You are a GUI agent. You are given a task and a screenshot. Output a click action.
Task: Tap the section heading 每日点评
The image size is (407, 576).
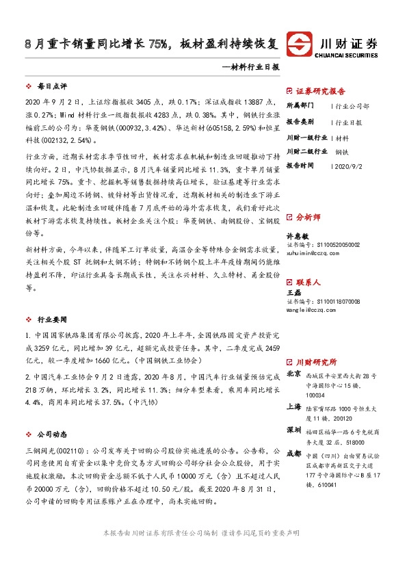pos(51,88)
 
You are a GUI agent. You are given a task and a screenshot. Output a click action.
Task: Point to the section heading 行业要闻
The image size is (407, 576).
pos(51,319)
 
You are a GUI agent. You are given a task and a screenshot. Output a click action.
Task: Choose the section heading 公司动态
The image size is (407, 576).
pos(51,433)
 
